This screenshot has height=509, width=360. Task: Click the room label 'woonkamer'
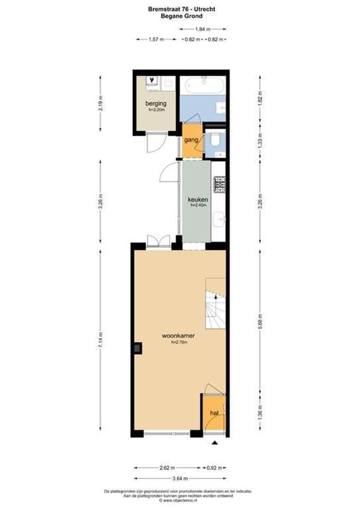click(x=179, y=336)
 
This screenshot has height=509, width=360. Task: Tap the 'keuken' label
click(x=195, y=199)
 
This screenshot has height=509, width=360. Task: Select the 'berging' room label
click(x=155, y=103)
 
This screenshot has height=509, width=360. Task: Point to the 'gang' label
click(x=190, y=140)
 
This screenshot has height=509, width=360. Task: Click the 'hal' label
click(x=214, y=413)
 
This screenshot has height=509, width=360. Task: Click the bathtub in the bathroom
click(x=203, y=86)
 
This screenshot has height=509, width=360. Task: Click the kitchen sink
click(x=220, y=220)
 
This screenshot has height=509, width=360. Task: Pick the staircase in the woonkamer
click(x=215, y=304)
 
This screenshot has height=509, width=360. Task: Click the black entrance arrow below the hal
click(x=215, y=443)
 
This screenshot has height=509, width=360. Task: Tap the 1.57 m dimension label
click(x=156, y=40)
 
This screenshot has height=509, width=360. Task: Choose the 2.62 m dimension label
click(x=167, y=468)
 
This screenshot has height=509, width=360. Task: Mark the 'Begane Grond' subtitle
click(x=180, y=16)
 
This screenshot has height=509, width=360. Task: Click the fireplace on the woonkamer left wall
click(x=137, y=348)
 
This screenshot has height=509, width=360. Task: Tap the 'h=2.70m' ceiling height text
click(x=179, y=343)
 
